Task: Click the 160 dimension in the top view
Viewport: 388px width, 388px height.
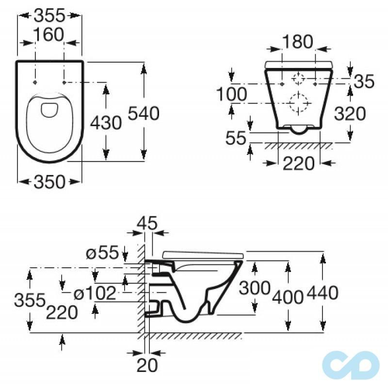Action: coord(49,35)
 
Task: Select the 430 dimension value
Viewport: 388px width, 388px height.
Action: coord(106,123)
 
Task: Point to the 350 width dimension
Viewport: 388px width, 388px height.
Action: coord(49,182)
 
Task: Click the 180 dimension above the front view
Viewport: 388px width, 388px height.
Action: coord(298,42)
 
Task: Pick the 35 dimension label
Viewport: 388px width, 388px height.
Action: coord(364,81)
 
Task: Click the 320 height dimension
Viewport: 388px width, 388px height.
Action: coord(349,114)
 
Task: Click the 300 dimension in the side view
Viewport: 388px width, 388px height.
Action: coord(255,288)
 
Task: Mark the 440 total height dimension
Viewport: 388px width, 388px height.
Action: coord(322,292)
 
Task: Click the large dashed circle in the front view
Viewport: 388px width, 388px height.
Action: coord(298,102)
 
